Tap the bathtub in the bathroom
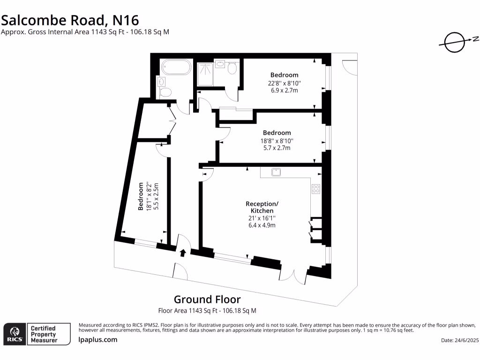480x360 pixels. click(x=176, y=67)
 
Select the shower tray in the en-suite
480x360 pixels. click(x=205, y=75)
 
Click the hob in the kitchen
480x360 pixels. click(x=316, y=189)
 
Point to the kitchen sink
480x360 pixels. click(x=276, y=172)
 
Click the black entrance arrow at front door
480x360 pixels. click(x=183, y=253)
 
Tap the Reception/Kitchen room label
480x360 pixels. click(x=262, y=207)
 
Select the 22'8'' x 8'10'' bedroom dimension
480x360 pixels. click(x=284, y=83)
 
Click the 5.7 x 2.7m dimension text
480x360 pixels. click(x=277, y=148)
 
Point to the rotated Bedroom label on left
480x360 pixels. click(x=141, y=196)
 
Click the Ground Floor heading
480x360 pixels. click(x=207, y=299)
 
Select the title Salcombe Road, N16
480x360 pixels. click(x=70, y=20)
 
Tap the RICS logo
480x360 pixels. click(x=14, y=334)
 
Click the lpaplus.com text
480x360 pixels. click(x=97, y=340)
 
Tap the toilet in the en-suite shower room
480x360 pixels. click(x=232, y=69)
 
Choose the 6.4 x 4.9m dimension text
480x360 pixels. click(x=262, y=225)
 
